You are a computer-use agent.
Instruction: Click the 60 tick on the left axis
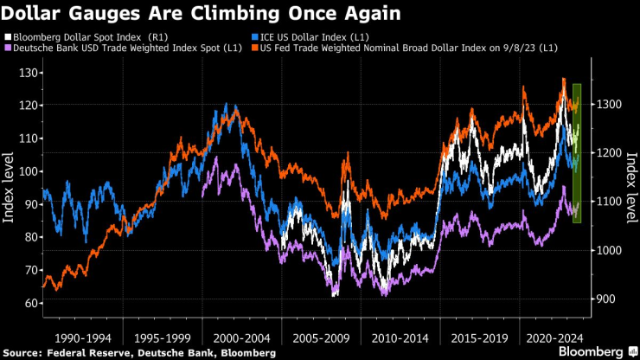pyautogui.click(x=30, y=304)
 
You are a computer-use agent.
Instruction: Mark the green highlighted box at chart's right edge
pyautogui.click(x=577, y=153)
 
